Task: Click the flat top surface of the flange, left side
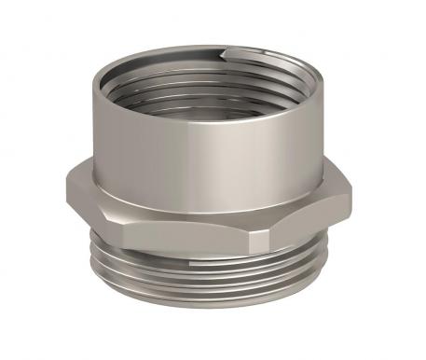click(x=89, y=179)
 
